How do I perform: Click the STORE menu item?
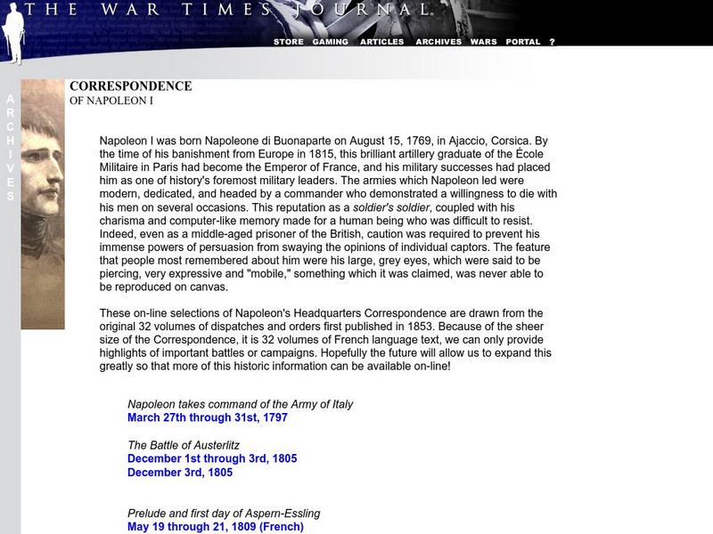[288, 42]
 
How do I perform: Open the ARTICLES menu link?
[381, 42]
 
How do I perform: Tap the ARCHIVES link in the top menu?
[438, 42]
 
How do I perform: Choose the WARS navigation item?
[483, 42]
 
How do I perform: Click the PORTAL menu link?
[523, 42]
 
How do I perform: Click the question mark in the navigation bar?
[552, 42]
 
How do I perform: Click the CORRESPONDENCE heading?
[130, 86]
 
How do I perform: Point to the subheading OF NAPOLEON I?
[111, 101]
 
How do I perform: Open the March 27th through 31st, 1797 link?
[208, 417]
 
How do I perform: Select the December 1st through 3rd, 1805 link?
[212, 458]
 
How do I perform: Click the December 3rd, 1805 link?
[180, 472]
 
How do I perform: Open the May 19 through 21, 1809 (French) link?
[215, 526]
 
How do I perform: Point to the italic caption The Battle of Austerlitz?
[184, 445]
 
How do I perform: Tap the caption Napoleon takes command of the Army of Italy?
[241, 404]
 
